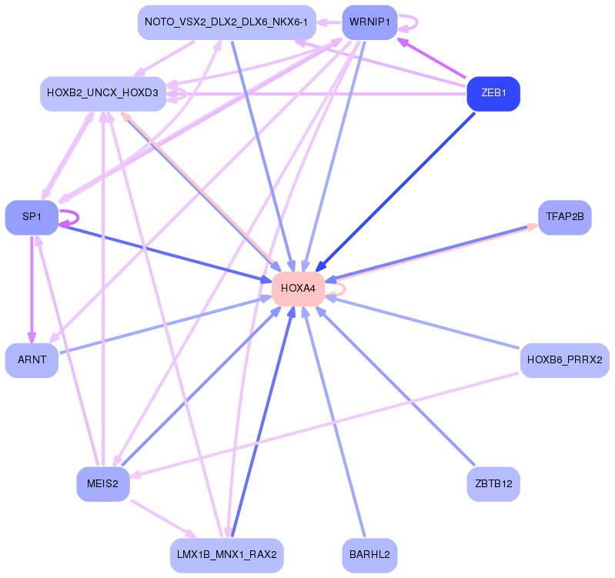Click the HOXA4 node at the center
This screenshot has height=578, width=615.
click(x=298, y=289)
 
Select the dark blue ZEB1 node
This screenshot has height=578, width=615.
click(x=493, y=94)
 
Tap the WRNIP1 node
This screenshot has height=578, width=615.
click(x=370, y=22)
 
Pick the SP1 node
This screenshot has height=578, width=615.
click(x=32, y=217)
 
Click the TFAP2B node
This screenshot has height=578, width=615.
click(x=564, y=217)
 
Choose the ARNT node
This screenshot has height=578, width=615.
click(x=32, y=360)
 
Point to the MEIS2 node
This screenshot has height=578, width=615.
click(x=102, y=484)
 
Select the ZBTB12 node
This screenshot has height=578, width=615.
click(x=493, y=484)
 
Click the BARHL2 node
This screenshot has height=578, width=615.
click(x=369, y=555)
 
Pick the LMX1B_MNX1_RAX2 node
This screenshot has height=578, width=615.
click(x=226, y=555)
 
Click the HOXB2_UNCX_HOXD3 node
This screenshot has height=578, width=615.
click(x=102, y=94)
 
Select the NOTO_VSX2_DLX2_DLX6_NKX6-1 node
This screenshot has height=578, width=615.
click(x=226, y=22)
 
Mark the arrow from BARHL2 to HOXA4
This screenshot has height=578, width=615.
click(x=336, y=427)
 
